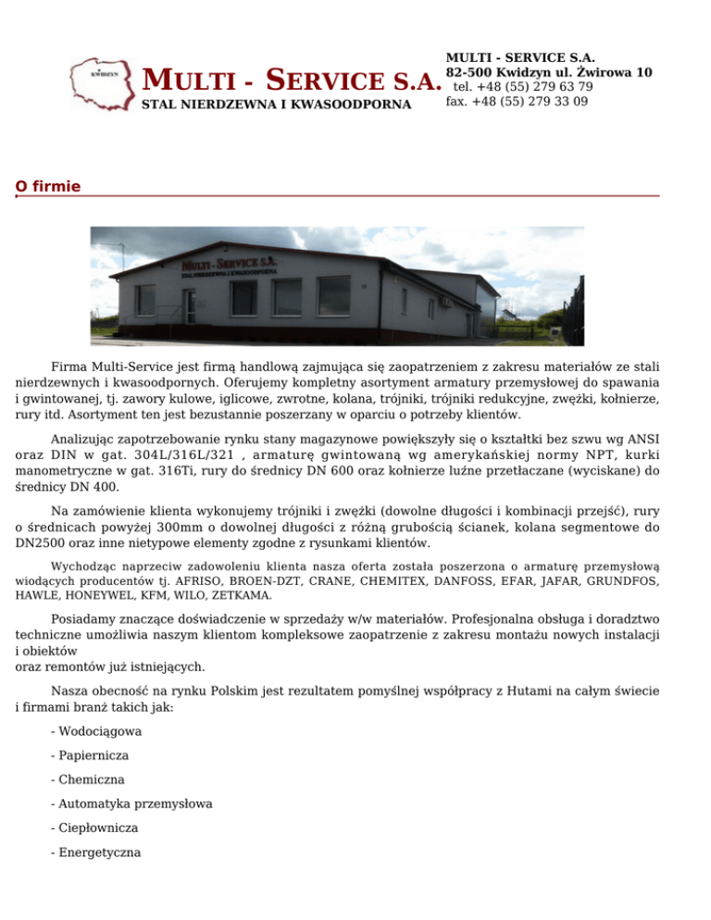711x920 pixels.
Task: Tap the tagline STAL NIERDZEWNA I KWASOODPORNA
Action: coord(276,106)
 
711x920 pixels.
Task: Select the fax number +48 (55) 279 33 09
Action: coord(517,101)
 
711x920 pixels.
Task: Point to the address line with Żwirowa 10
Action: coord(549,72)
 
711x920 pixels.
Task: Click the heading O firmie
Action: coord(48,187)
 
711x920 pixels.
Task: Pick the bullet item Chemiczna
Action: coord(89,779)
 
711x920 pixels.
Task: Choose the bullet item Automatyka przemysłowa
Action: coord(132,803)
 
